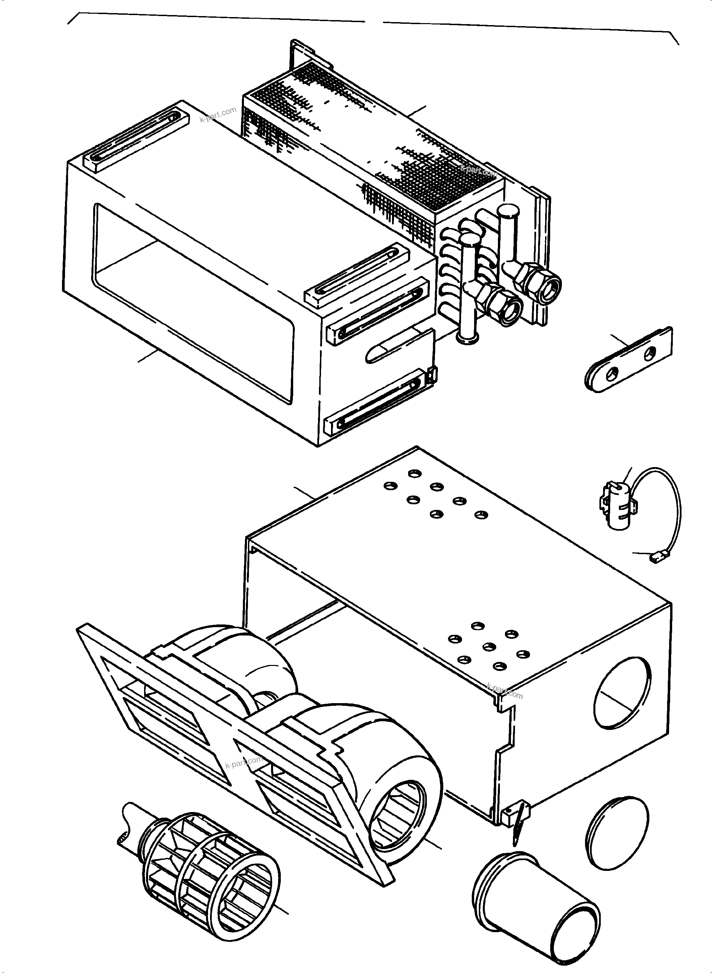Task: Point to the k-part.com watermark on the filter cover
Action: tap(218, 114)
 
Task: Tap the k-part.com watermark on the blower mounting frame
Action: tap(244, 763)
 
